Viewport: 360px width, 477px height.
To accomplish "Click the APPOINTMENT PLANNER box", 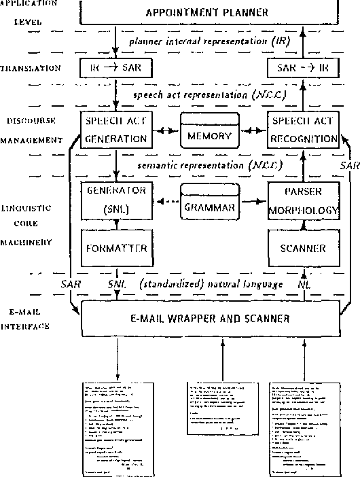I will pyautogui.click(x=207, y=12).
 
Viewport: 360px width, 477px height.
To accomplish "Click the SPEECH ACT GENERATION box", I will pyautogui.click(x=116, y=129).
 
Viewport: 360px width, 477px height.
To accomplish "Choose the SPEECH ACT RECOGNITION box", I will pyautogui.click(x=303, y=129).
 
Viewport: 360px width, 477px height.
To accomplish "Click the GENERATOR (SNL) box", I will pyautogui.click(x=116, y=200).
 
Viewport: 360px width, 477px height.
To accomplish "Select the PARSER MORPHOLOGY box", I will pyautogui.click(x=303, y=200).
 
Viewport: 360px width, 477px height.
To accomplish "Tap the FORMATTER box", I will pyautogui.click(x=116, y=248).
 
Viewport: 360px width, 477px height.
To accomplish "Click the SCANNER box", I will pyautogui.click(x=303, y=248).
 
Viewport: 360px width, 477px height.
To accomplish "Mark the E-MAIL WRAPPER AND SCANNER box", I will pyautogui.click(x=210, y=318).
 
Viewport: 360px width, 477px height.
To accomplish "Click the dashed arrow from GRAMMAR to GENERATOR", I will pyautogui.click(x=167, y=202).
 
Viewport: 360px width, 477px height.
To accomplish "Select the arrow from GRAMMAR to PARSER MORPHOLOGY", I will pyautogui.click(x=254, y=202).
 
